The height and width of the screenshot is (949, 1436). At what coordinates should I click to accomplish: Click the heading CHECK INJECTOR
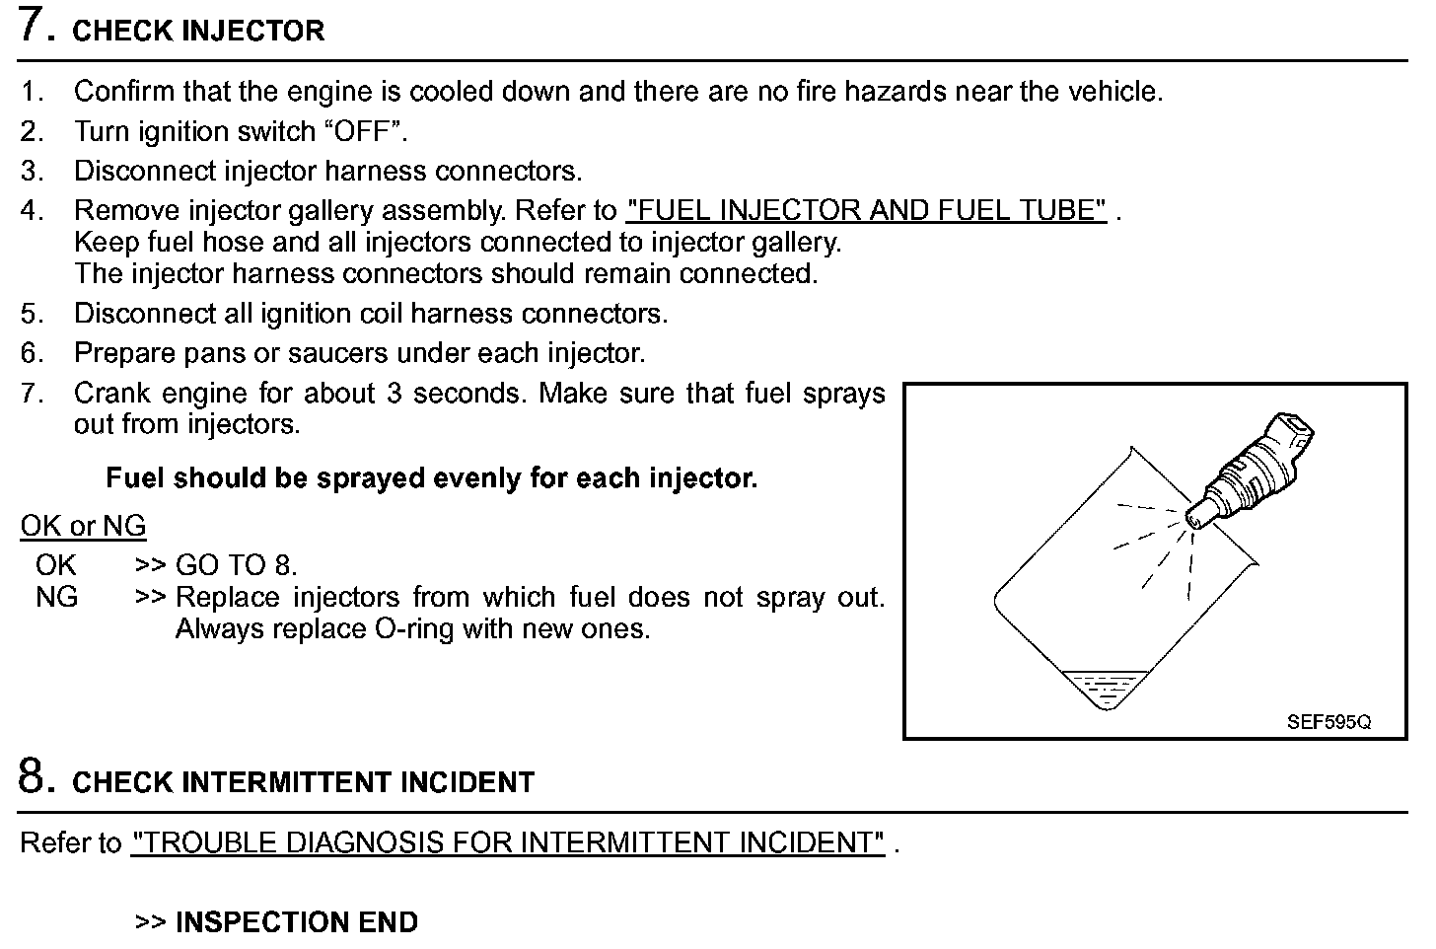[198, 32]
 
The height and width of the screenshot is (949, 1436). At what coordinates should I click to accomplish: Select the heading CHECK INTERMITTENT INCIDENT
[303, 783]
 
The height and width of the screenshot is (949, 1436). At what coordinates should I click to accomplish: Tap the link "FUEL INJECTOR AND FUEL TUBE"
[866, 210]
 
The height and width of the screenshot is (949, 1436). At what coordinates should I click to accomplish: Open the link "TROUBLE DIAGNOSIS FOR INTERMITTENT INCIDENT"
[508, 842]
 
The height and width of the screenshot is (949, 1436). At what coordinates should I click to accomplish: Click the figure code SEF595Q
[1328, 722]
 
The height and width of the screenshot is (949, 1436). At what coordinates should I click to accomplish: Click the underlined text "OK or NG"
[83, 526]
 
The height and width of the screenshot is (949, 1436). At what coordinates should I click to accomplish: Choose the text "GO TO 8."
[236, 565]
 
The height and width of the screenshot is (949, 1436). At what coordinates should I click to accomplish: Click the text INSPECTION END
[296, 922]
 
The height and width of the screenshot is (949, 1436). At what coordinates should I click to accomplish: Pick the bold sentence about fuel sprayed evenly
[431, 478]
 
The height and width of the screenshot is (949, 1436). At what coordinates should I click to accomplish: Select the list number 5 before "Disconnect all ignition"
[32, 314]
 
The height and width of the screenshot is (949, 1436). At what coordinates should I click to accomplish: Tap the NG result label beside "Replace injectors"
[56, 597]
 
